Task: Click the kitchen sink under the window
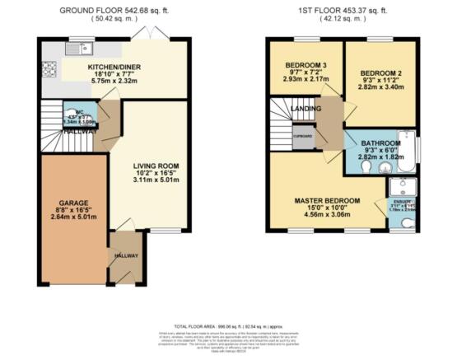click(x=80, y=47)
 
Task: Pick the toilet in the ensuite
click(x=408, y=222)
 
